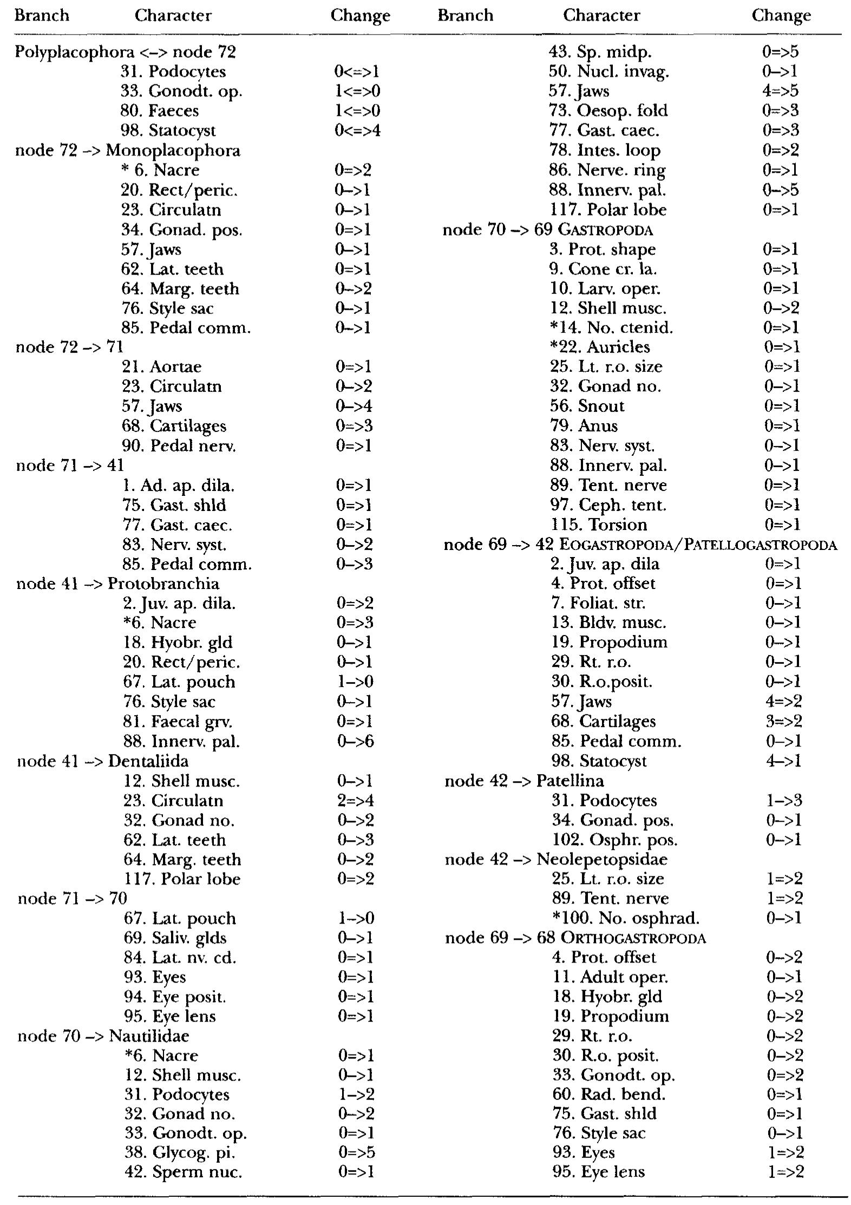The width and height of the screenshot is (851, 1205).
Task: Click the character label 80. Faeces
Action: (x=159, y=111)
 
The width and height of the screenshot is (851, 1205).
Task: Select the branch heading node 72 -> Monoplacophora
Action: (x=128, y=150)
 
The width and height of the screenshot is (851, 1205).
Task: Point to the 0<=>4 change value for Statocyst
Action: (x=357, y=130)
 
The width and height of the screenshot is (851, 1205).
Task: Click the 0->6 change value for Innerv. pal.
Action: (x=355, y=741)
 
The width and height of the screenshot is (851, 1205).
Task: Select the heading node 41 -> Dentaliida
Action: (x=103, y=761)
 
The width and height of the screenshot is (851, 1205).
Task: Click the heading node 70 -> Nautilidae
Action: (x=103, y=1036)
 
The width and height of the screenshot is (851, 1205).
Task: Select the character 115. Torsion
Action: (x=599, y=525)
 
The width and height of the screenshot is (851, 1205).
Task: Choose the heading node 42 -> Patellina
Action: (x=524, y=781)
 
